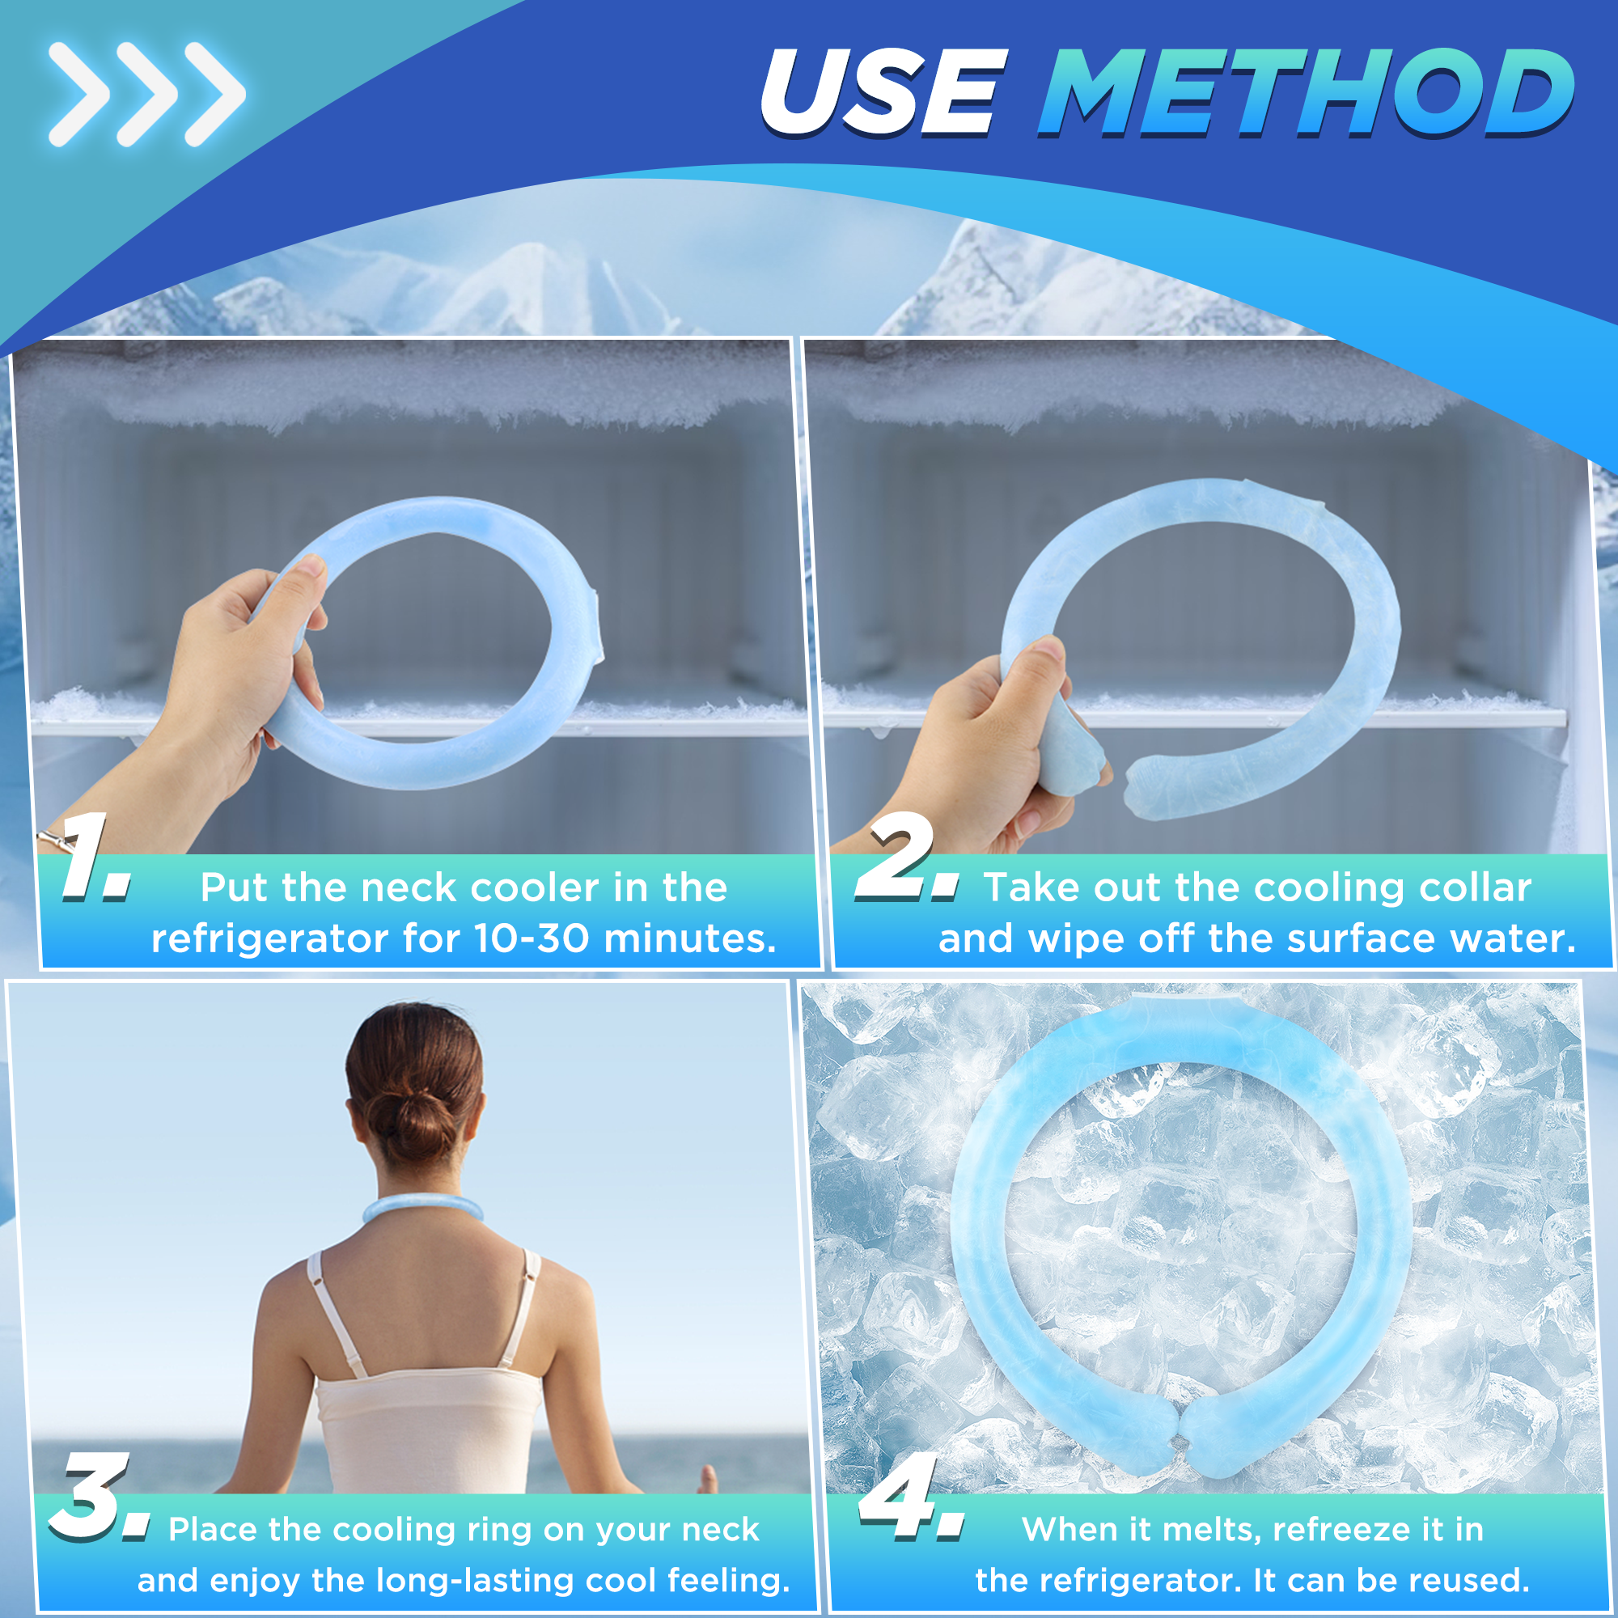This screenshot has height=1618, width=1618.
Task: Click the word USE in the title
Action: tap(882, 92)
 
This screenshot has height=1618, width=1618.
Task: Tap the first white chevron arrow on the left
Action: tap(80, 94)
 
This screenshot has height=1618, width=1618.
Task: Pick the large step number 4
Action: tap(911, 1497)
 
